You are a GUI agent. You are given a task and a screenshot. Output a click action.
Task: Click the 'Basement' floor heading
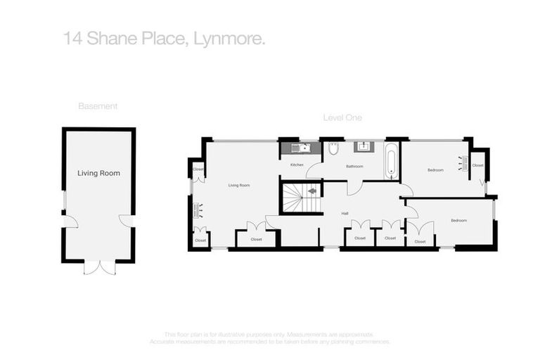(98, 106)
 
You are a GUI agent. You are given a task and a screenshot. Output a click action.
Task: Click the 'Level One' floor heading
(342, 117)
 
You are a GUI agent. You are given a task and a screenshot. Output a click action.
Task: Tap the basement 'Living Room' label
(98, 173)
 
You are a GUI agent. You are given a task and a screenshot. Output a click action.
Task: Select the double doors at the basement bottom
(99, 267)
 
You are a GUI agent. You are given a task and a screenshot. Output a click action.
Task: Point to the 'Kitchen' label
(297, 165)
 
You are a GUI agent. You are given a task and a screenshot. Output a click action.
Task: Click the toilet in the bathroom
(334, 148)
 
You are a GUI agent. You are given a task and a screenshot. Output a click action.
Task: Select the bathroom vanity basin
(365, 147)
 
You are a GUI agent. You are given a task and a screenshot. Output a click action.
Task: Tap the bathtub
(390, 161)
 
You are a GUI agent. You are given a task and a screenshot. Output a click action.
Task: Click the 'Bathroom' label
(354, 167)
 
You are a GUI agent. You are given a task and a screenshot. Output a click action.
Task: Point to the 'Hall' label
(345, 213)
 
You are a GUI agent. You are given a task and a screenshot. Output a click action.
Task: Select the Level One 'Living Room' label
(239, 185)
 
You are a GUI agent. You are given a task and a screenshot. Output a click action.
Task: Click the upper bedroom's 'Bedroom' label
(436, 170)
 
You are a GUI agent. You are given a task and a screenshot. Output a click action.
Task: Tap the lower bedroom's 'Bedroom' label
(458, 221)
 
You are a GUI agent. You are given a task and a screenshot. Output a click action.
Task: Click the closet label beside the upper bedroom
(478, 166)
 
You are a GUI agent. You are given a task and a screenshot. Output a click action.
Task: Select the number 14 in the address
(71, 39)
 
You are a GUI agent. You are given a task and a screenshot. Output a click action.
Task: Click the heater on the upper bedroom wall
(463, 163)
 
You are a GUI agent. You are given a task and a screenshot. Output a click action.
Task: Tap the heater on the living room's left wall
(198, 209)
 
